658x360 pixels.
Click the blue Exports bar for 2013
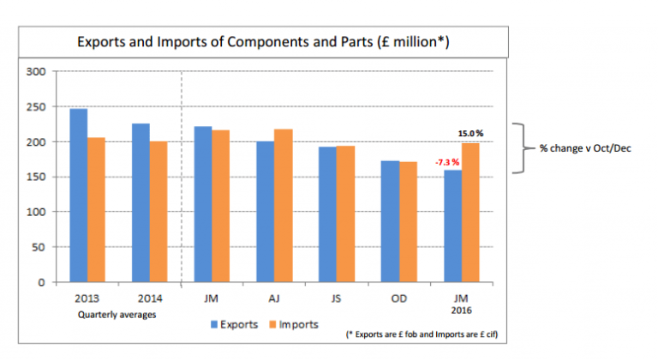point(78,195)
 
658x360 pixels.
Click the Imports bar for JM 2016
point(470,213)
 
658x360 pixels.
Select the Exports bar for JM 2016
point(452,226)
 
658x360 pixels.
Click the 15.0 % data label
point(470,134)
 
